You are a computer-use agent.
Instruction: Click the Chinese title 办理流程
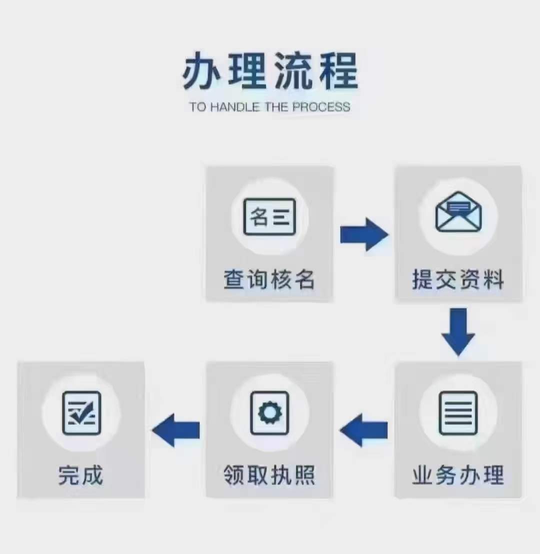(270, 72)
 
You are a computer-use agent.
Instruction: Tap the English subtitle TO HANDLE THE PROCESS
(270, 107)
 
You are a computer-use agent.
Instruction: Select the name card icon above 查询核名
(269, 217)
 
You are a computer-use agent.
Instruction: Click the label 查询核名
(269, 279)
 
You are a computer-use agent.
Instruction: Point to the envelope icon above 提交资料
(458, 212)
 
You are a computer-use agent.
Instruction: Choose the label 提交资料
(458, 279)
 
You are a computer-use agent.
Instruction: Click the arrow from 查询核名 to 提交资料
(364, 234)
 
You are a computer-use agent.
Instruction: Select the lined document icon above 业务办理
(458, 413)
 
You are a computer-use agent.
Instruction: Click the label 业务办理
(458, 475)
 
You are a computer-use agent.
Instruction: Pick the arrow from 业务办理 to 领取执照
(364, 430)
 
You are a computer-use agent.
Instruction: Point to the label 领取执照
(269, 475)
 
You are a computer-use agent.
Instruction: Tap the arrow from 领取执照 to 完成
(176, 430)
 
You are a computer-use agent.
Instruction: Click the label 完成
(81, 475)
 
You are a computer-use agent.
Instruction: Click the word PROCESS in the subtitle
(321, 107)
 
